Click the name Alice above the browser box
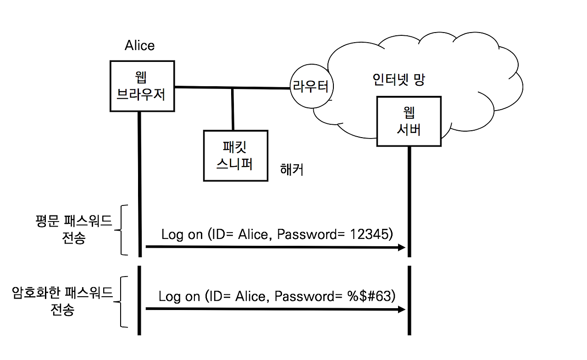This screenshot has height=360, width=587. [139, 45]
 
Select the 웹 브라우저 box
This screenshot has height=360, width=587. [142, 86]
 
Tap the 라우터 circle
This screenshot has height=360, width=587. [311, 87]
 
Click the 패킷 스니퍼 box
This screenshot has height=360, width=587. [235, 155]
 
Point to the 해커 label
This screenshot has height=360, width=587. [292, 170]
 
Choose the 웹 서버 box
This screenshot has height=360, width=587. [408, 121]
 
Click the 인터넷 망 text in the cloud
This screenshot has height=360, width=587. [398, 80]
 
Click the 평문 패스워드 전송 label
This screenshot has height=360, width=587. [73, 229]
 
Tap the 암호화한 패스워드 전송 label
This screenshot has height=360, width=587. [62, 300]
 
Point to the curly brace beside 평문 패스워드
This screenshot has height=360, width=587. [122, 229]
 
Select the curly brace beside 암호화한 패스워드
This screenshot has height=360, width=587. [122, 302]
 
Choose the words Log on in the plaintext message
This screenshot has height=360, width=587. [182, 234]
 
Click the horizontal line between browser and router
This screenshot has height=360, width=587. [206, 87]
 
